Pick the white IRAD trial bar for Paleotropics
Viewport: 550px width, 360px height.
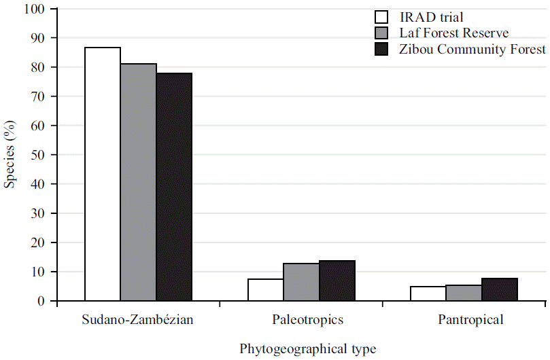(x=266, y=289)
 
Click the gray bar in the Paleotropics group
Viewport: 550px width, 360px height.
(x=301, y=282)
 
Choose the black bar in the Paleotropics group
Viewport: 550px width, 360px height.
(x=337, y=281)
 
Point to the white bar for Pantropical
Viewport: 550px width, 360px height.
(x=428, y=293)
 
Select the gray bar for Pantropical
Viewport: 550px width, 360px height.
(x=464, y=293)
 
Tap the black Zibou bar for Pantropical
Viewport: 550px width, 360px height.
(x=500, y=289)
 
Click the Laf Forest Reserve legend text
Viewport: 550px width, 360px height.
(x=454, y=33)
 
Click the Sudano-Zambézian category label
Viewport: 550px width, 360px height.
(x=138, y=319)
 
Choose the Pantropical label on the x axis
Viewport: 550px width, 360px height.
(x=464, y=319)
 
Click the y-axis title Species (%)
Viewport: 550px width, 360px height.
(x=10, y=155)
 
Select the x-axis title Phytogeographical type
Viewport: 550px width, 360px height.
(x=307, y=348)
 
